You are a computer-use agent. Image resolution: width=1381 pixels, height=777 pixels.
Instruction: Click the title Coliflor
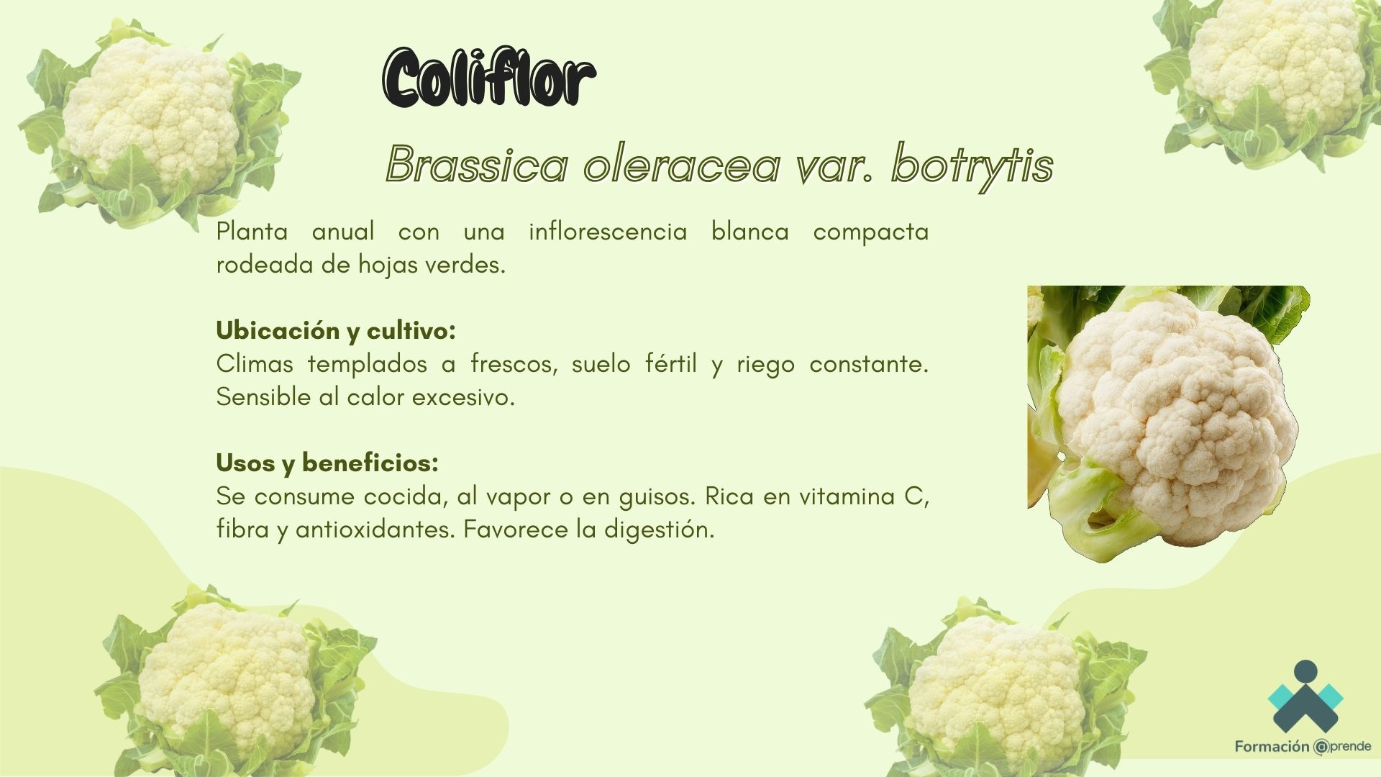coord(489,78)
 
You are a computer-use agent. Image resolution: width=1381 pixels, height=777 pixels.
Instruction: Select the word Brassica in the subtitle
coord(478,164)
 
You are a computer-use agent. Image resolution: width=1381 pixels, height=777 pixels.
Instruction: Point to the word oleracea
coord(682,164)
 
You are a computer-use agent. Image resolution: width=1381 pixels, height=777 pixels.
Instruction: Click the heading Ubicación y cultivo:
coord(336,330)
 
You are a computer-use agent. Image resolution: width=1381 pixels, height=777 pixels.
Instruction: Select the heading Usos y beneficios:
coord(327,463)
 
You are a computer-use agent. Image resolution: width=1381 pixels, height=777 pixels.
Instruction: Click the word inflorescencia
coord(608,232)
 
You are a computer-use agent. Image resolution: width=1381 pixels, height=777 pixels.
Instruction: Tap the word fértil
coord(671,363)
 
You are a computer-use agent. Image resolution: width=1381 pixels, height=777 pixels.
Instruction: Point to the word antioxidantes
coord(375,529)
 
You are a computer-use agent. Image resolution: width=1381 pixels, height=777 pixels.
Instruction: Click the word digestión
coord(660,530)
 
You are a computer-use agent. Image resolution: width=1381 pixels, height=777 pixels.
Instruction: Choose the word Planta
coord(252,232)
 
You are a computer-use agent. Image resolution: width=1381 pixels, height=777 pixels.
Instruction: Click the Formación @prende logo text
coord(1303,747)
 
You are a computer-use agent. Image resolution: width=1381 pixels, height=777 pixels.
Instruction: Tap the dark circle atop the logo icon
coord(1305,672)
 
